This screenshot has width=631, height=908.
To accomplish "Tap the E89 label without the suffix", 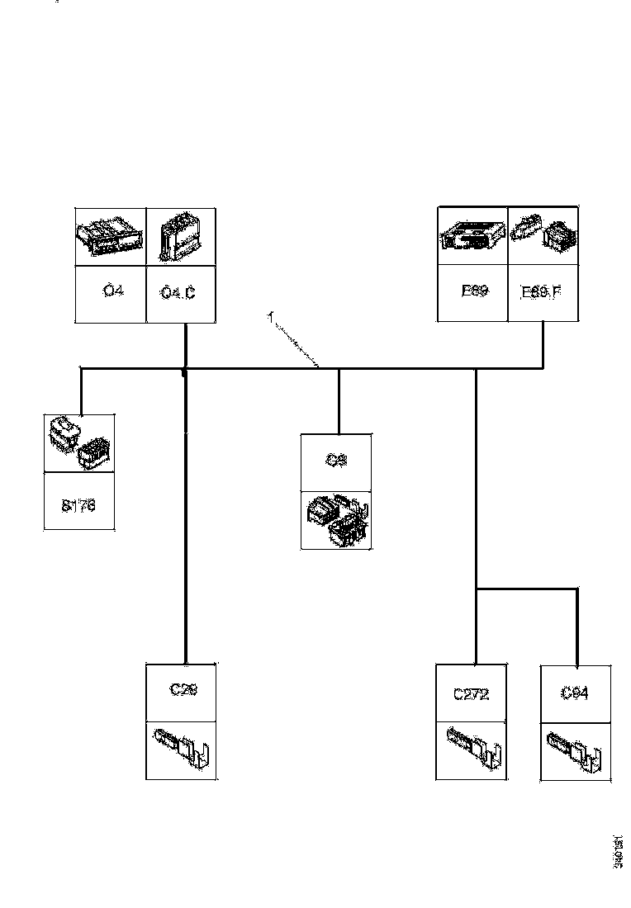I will pyautogui.click(x=472, y=291).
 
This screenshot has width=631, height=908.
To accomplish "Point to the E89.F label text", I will pyautogui.click(x=542, y=291).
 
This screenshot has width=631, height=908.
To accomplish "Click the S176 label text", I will pyautogui.click(x=78, y=506).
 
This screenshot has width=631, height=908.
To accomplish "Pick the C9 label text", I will pyautogui.click(x=336, y=461).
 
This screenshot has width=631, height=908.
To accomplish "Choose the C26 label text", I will pyautogui.click(x=183, y=690).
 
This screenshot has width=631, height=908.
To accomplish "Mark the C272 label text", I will pyautogui.click(x=471, y=694).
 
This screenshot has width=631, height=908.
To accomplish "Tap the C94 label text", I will pyautogui.click(x=575, y=693).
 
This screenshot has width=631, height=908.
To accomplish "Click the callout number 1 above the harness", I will pyautogui.click(x=269, y=316).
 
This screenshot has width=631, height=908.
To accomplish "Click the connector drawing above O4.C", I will pyautogui.click(x=181, y=236).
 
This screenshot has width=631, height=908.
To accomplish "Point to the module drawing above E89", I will pyautogui.click(x=472, y=236).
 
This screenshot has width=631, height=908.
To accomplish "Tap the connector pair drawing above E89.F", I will pyautogui.click(x=542, y=236).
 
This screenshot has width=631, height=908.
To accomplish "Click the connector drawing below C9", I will pyautogui.click(x=336, y=520).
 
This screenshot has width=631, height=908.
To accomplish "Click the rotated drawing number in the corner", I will pyautogui.click(x=617, y=851).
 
